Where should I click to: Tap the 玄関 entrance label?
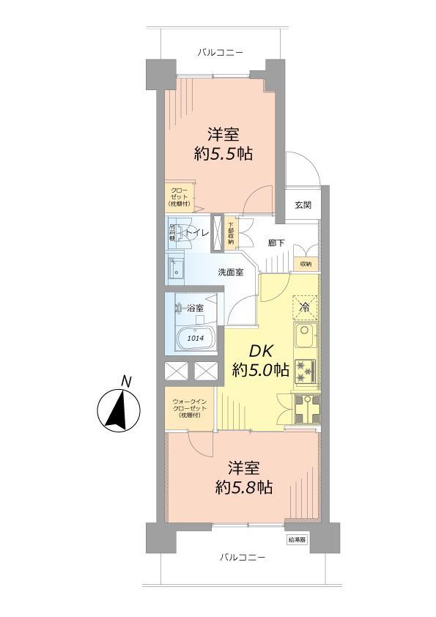pyautogui.click(x=303, y=205)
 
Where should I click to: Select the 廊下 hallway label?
pyautogui.click(x=276, y=243)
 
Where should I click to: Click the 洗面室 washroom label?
pyautogui.click(x=230, y=273)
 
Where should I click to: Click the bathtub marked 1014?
pyautogui.click(x=194, y=339)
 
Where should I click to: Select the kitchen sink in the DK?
pyautogui.click(x=304, y=339)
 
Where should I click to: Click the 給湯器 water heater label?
pyautogui.click(x=296, y=538)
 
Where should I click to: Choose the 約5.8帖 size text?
pyautogui.click(x=244, y=487)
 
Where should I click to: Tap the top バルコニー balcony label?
pyautogui.click(x=220, y=52)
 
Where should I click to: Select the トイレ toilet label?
pyautogui.click(x=196, y=233)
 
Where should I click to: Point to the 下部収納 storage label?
pyautogui.click(x=231, y=233)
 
